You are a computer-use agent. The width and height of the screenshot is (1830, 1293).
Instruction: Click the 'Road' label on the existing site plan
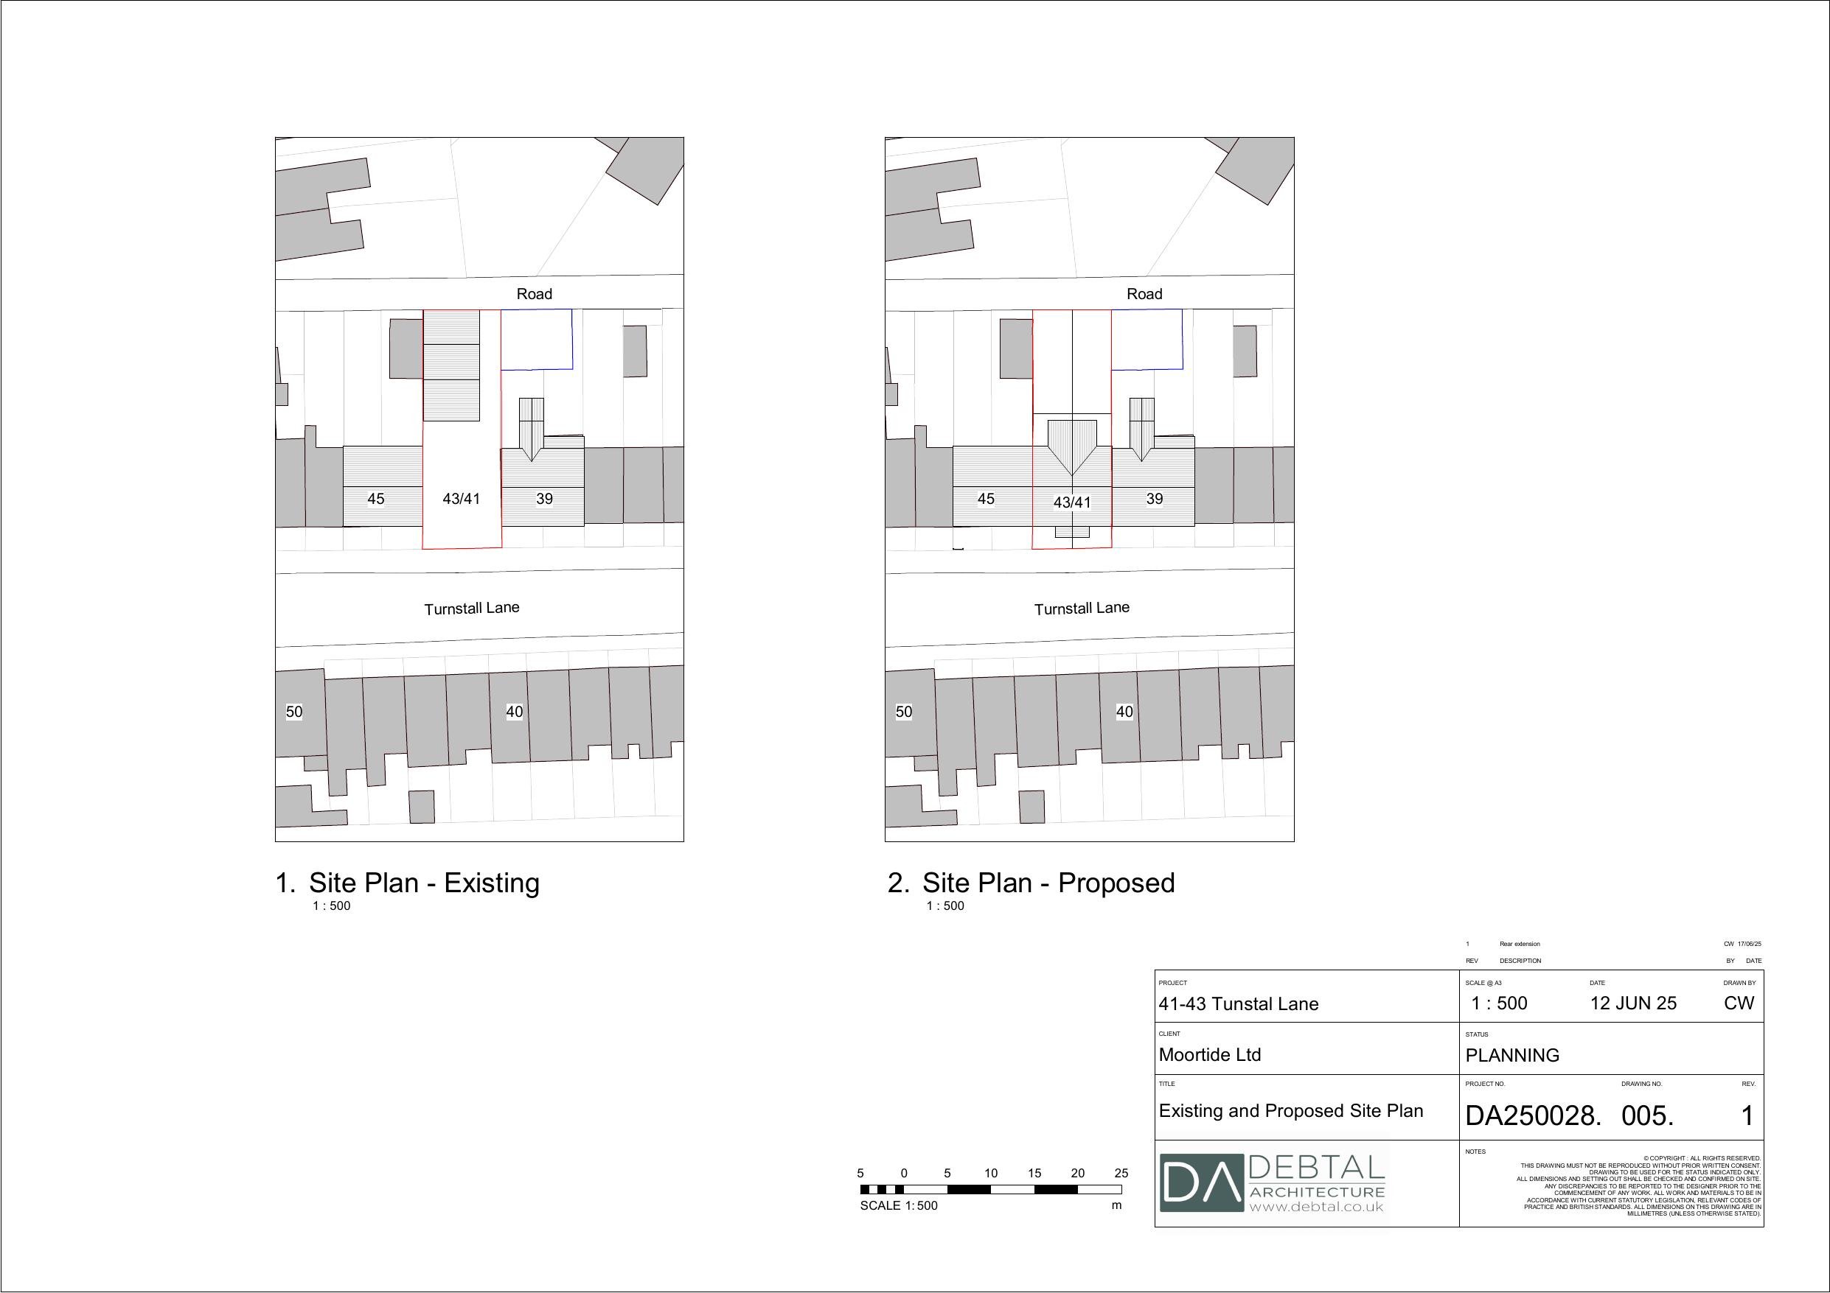pyautogui.click(x=534, y=294)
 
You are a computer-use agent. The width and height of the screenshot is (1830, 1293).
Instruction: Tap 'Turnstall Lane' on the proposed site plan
pyautogui.click(x=1082, y=608)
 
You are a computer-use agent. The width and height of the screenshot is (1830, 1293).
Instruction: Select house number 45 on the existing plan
pyautogui.click(x=375, y=499)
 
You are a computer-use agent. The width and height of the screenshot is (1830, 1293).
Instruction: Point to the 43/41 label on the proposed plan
pyautogui.click(x=1072, y=502)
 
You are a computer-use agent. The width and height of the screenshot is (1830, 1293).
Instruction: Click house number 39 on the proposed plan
pyautogui.click(x=1154, y=499)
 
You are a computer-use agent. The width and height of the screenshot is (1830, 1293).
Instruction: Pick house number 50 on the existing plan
pyautogui.click(x=294, y=712)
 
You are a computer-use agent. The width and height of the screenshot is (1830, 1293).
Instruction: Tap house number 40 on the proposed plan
pyautogui.click(x=1124, y=712)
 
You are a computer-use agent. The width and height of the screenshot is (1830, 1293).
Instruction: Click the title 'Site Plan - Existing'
pyautogui.click(x=424, y=883)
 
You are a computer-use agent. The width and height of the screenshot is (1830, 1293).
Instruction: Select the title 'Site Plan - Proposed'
pyautogui.click(x=1048, y=883)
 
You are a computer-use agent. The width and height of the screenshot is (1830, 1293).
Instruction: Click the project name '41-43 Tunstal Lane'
pyautogui.click(x=1238, y=1003)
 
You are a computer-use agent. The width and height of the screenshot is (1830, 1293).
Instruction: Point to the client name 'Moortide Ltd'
pyautogui.click(x=1209, y=1055)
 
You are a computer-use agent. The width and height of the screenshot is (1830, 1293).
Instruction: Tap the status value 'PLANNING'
pyautogui.click(x=1512, y=1056)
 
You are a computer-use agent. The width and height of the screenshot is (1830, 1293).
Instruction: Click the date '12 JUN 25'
pyautogui.click(x=1633, y=1003)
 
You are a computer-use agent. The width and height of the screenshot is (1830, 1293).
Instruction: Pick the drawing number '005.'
pyautogui.click(x=1647, y=1115)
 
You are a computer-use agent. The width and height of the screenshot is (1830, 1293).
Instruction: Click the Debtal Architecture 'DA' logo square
pyautogui.click(x=1201, y=1182)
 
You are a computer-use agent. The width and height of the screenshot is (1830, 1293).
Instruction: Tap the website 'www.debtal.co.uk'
pyautogui.click(x=1316, y=1207)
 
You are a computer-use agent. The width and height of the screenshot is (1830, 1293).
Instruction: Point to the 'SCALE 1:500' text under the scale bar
pyautogui.click(x=898, y=1205)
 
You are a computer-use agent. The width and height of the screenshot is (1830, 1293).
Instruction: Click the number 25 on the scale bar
pyautogui.click(x=1121, y=1173)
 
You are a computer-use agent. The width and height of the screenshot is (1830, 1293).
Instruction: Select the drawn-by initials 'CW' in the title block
pyautogui.click(x=1739, y=1003)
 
